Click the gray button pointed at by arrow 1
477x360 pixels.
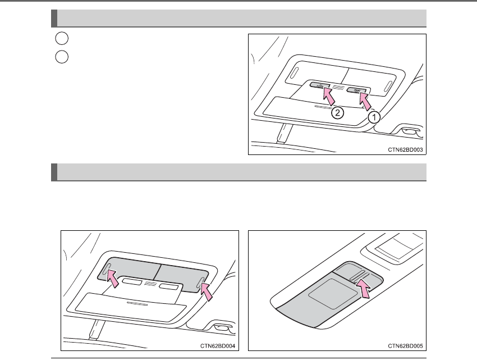pos(357,89)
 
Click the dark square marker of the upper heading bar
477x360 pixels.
pos(54,18)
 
